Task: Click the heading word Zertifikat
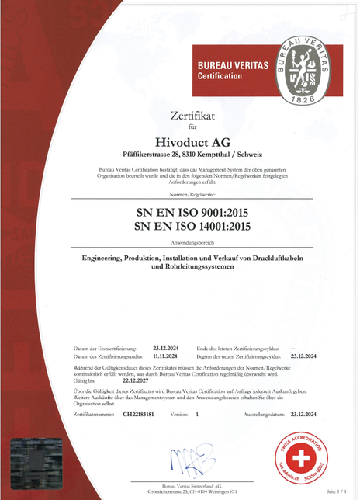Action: pos(193,116)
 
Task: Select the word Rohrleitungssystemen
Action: pos(203,268)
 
